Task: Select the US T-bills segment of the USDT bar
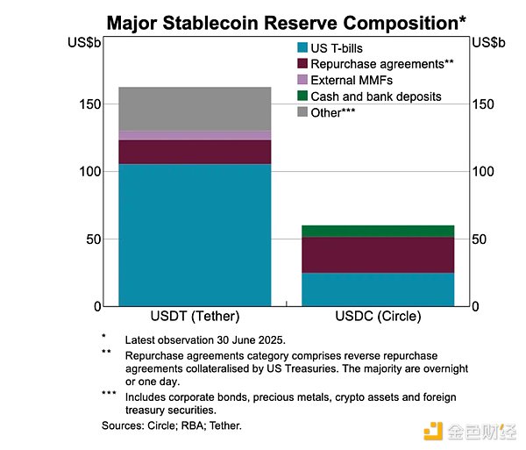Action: (x=194, y=234)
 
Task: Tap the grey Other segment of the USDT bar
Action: (x=194, y=109)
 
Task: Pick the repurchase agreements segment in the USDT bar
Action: (x=194, y=152)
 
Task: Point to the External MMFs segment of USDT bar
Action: (x=194, y=135)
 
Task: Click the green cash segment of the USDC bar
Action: (x=379, y=231)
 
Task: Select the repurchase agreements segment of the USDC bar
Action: (x=379, y=254)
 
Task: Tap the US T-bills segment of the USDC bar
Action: (x=379, y=289)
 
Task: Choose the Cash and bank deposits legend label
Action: (x=381, y=96)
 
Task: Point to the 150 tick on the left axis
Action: (x=89, y=104)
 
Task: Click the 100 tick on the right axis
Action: (x=483, y=172)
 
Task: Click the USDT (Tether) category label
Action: (x=195, y=317)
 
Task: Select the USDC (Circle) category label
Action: (x=379, y=317)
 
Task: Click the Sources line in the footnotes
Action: (x=172, y=425)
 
